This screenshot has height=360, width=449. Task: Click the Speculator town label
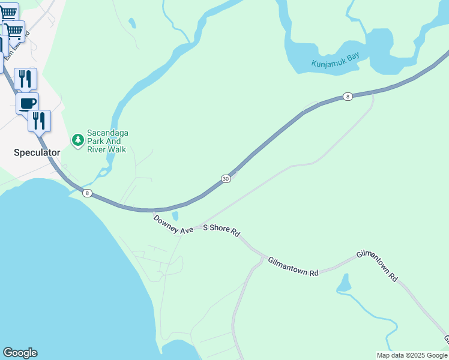tap(37, 152)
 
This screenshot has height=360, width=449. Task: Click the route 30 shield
tap(225, 179)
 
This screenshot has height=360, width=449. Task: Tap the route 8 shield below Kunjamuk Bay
tap(348, 96)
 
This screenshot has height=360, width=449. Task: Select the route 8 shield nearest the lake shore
tap(88, 193)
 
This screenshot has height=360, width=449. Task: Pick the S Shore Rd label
tap(221, 229)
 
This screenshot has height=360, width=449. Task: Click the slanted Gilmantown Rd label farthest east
tap(378, 266)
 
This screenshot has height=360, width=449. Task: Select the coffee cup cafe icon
tap(27, 103)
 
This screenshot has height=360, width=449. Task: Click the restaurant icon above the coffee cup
tap(25, 78)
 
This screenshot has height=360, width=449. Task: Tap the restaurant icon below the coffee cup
tap(39, 120)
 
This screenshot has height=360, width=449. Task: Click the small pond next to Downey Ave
tap(175, 215)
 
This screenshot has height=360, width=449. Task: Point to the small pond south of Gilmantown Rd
tap(344, 283)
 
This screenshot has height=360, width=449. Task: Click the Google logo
tap(20, 353)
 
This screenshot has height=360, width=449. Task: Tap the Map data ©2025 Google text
tap(412, 355)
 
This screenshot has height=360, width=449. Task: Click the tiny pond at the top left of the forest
tap(132, 23)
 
